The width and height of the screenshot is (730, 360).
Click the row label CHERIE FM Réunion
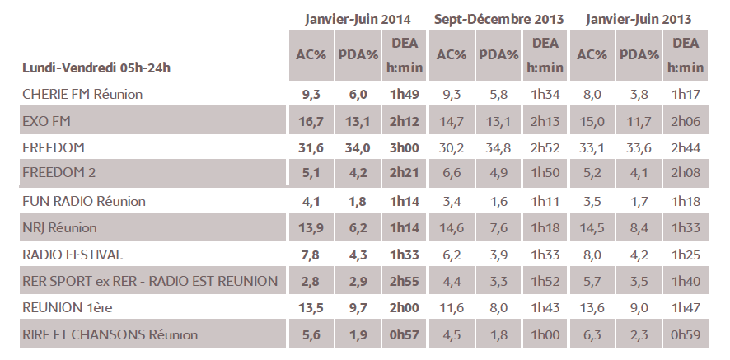tap(82, 95)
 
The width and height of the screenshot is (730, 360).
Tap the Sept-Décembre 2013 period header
tap(498, 17)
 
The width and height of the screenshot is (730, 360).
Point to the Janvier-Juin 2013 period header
tap(639, 17)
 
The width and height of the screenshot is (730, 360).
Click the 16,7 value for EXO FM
tap(310, 121)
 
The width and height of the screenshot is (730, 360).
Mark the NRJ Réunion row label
tap(59, 227)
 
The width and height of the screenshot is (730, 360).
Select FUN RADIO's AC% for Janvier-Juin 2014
tap(310, 201)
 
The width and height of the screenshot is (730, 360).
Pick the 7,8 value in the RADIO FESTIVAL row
tap(310, 255)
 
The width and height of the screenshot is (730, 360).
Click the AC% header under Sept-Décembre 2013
tap(452, 55)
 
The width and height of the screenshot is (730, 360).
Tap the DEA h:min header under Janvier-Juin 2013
tap(686, 55)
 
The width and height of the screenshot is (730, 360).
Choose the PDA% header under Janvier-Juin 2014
tap(358, 55)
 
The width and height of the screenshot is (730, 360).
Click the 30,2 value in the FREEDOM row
tap(452, 147)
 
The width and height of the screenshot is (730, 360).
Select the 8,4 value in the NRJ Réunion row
tap(639, 227)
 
